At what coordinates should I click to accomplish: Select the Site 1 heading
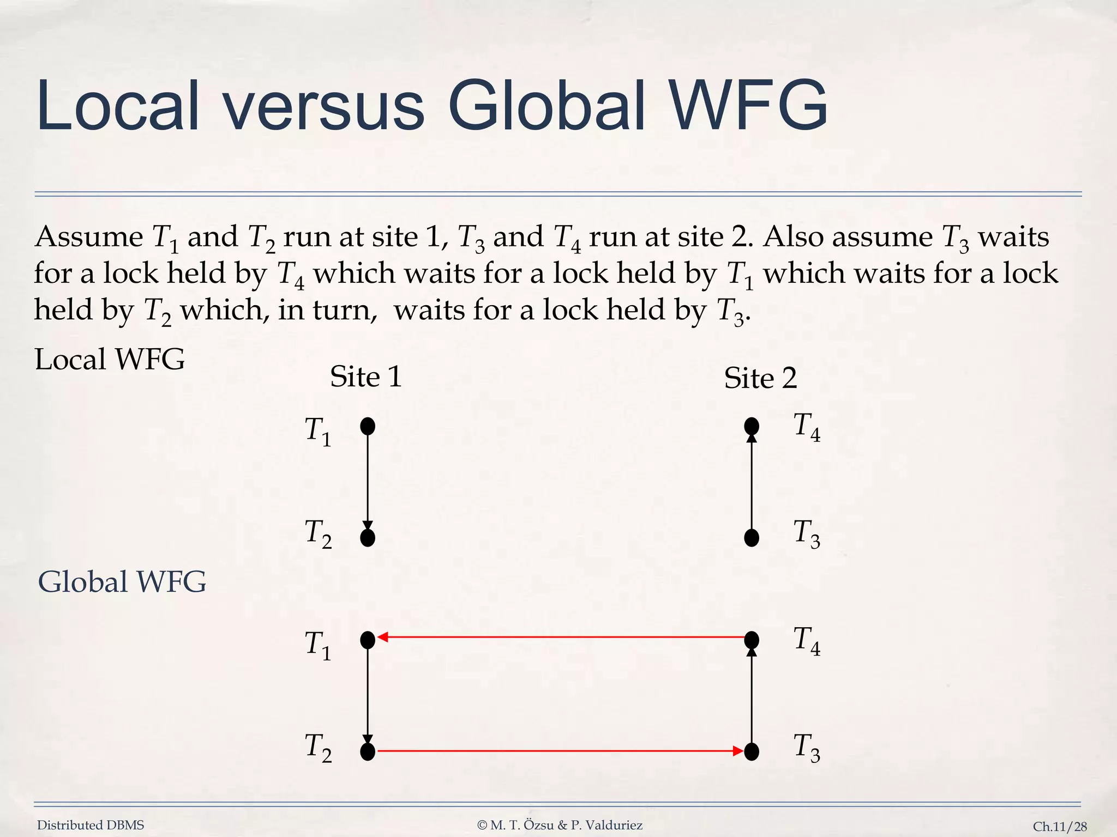point(366,377)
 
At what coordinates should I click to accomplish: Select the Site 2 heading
point(760,378)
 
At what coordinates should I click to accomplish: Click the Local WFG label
point(110,359)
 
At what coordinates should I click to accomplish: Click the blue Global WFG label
point(122,581)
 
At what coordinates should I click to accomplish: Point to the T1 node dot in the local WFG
point(368,426)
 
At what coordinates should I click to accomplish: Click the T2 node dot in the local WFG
point(368,538)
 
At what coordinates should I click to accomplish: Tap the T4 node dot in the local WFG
point(752,426)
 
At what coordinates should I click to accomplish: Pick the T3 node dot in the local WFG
point(752,538)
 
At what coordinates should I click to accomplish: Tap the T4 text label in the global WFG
point(807,641)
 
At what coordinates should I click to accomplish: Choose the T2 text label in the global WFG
point(318,748)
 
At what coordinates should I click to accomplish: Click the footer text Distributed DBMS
point(91,825)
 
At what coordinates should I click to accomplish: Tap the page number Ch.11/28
point(1060,827)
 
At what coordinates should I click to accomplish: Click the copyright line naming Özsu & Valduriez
point(560,825)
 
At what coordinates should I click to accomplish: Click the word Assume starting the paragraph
point(89,237)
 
